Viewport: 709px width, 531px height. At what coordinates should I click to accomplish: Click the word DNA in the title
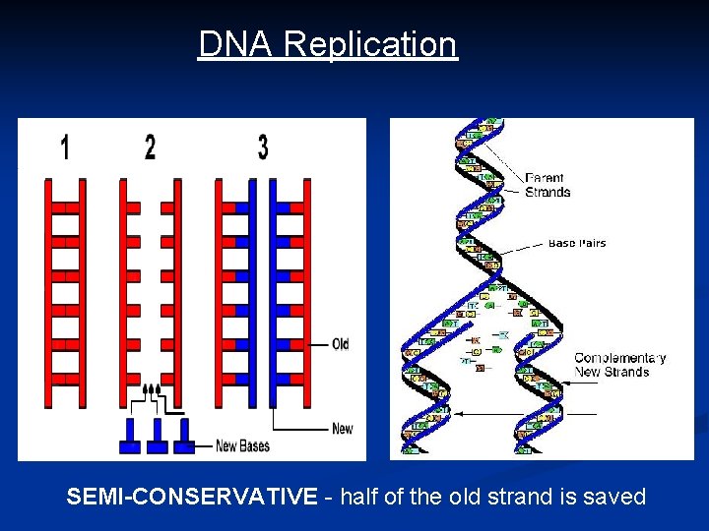pos(236,44)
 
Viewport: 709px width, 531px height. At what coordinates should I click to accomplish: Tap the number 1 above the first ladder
pos(65,147)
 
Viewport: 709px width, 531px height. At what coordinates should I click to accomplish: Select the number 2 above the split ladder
pos(150,147)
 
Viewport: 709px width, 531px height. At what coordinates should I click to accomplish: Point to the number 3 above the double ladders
pos(263,147)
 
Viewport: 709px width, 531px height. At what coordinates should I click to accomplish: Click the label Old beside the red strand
pos(340,344)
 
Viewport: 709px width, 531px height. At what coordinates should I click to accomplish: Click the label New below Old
pos(342,428)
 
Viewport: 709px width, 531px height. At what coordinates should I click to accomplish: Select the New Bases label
pos(242,446)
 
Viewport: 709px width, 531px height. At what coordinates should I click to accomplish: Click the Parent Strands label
pos(548,185)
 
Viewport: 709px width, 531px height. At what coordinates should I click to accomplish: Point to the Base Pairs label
pos(577,242)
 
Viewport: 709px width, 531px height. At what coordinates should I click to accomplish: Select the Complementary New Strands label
pos(619,365)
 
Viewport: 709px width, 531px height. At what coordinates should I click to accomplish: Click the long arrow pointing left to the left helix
pos(512,415)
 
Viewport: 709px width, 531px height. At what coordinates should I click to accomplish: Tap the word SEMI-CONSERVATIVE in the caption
pos(192,497)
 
